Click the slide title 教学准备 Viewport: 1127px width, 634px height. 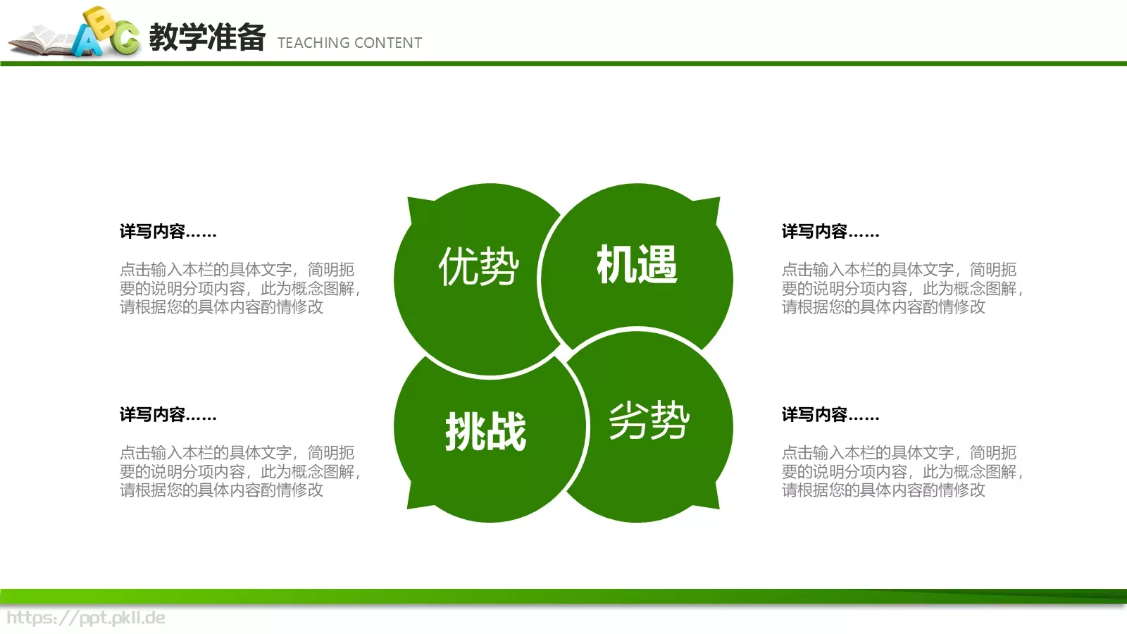(206, 37)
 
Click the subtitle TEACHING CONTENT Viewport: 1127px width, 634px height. (349, 43)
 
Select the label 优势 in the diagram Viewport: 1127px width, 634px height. (478, 266)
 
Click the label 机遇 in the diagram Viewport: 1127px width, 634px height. (637, 265)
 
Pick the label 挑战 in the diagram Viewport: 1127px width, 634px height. (485, 431)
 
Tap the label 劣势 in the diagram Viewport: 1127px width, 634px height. (649, 421)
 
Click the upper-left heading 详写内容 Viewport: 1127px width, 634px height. (168, 232)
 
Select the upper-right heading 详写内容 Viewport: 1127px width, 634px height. (830, 232)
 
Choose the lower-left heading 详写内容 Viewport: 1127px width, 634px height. (168, 415)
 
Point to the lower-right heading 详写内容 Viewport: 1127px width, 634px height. (830, 415)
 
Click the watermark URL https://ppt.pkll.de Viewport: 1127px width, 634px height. (85, 619)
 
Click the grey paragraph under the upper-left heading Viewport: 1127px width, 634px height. (239, 288)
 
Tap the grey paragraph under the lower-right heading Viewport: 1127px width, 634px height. (902, 471)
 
